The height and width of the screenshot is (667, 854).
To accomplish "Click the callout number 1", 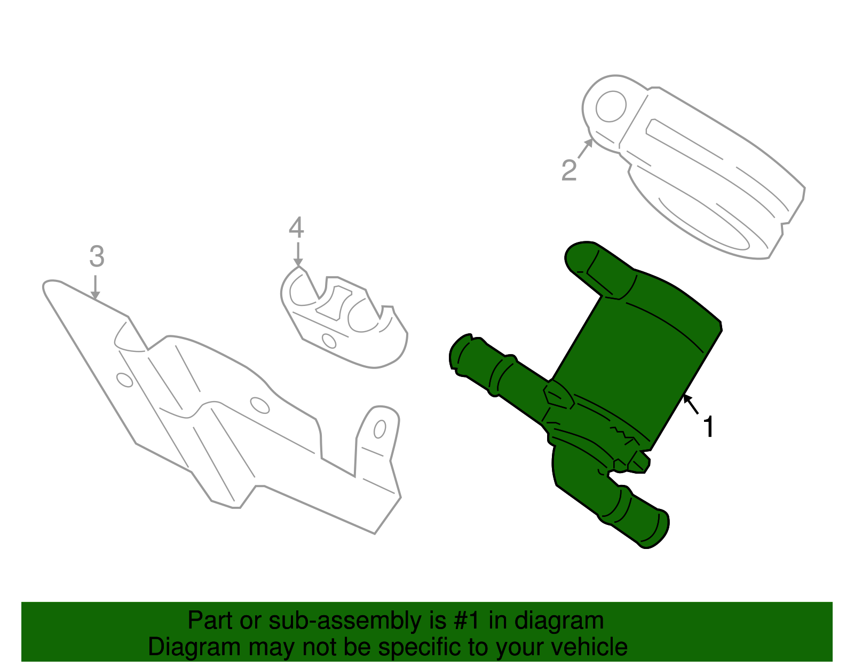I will (x=708, y=427).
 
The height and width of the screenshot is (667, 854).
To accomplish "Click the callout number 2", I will (x=569, y=170).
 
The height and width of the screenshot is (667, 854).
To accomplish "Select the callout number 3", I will (x=97, y=257).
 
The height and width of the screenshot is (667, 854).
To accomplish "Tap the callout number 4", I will (x=296, y=228).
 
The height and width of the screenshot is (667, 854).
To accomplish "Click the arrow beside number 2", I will (x=586, y=147).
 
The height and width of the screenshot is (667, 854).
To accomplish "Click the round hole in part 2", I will (x=610, y=106).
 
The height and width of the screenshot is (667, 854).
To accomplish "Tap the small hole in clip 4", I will (x=329, y=340).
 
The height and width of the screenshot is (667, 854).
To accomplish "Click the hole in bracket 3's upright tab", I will (x=380, y=429).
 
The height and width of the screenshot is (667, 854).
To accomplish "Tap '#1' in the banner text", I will (x=468, y=621).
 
